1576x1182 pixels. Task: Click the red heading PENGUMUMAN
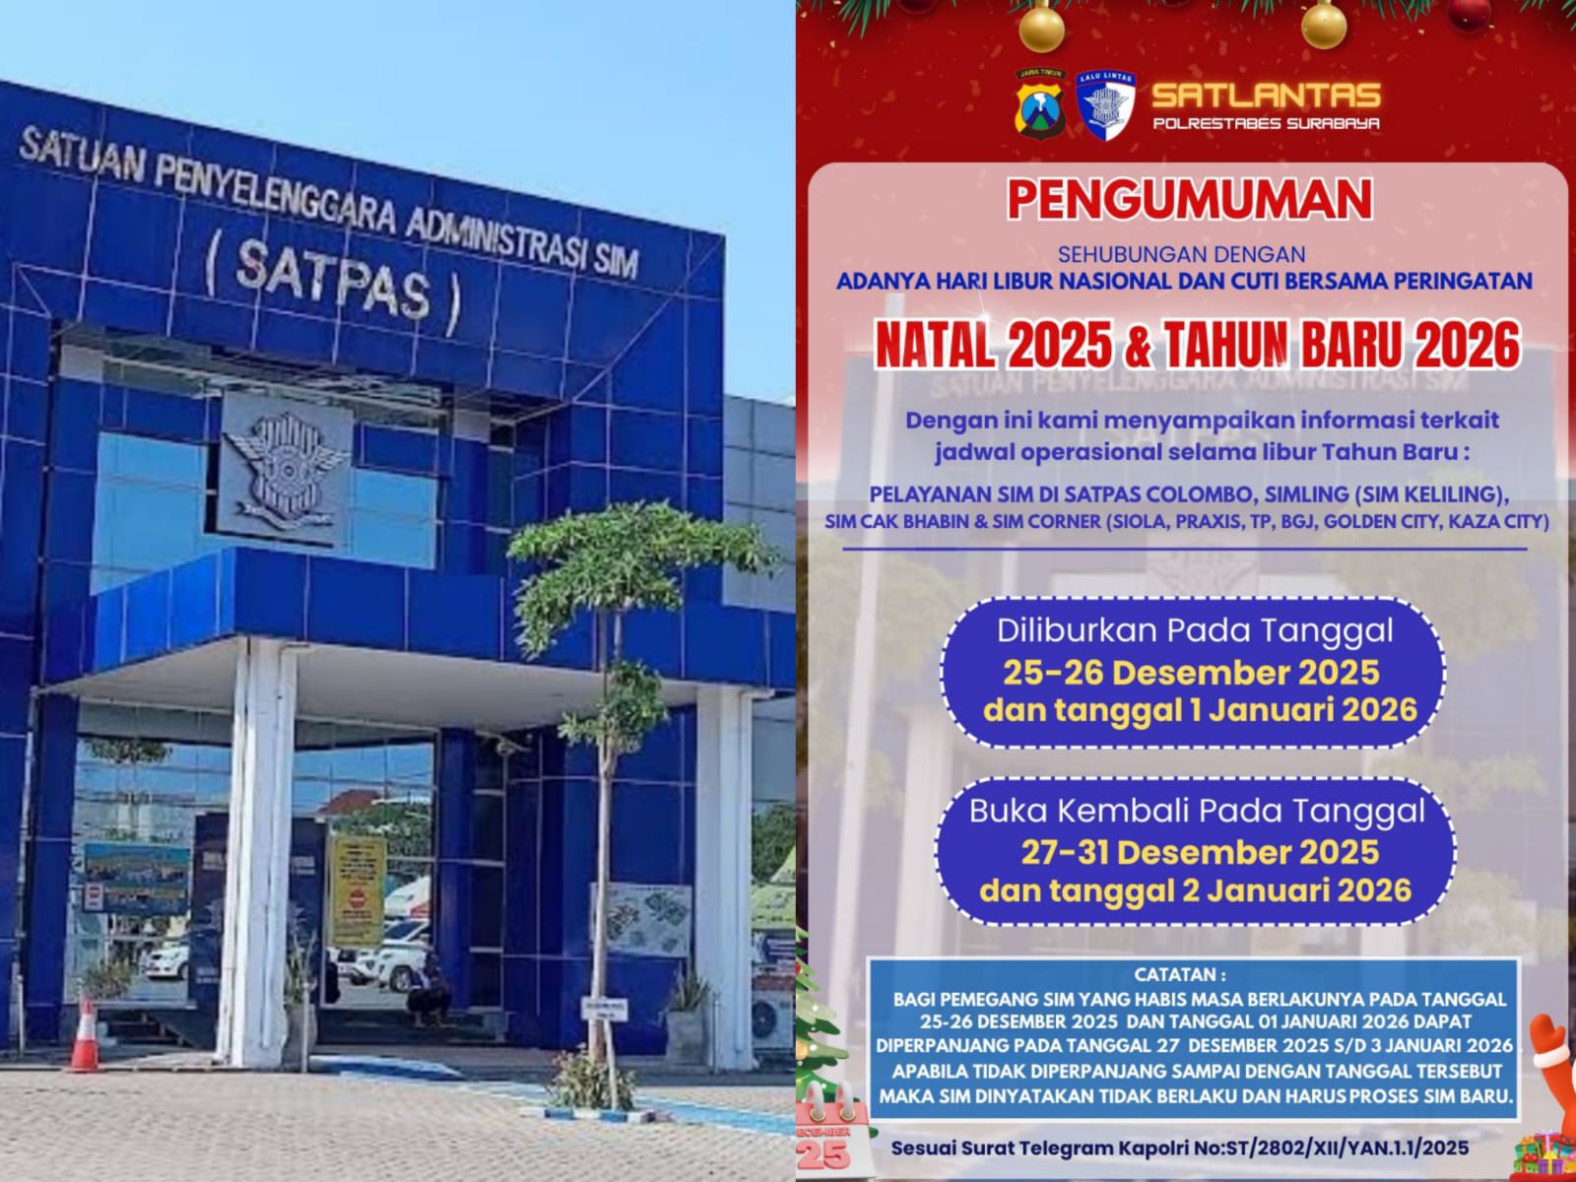1189,200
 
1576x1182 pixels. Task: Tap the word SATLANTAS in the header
1266,96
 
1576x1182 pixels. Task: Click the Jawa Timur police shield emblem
1041,101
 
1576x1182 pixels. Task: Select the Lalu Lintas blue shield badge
1105,103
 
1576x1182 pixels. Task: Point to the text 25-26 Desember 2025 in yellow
1191,673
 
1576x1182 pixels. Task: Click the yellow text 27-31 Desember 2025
1199,852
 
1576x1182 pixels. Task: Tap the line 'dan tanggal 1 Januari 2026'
1199,710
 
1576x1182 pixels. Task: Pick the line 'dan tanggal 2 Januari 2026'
1195,890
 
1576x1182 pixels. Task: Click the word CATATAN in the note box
1180,975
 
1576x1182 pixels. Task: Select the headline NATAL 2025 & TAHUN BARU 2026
1197,346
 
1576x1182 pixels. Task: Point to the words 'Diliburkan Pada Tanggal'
1195,630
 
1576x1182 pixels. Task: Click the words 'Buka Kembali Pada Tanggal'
1197,811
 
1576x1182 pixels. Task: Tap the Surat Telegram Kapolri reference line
1179,1149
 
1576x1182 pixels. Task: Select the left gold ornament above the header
1040,27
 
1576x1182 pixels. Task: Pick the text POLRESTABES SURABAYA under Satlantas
1266,124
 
